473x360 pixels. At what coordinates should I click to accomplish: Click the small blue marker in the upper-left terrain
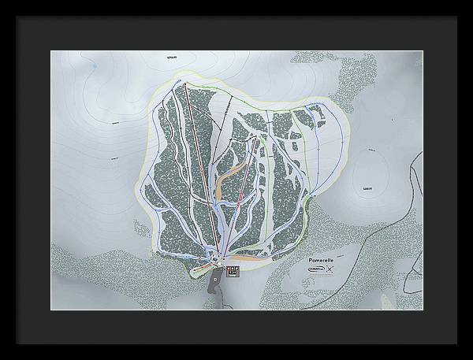coord(94,69)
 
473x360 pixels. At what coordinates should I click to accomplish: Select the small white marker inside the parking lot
coord(214,277)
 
